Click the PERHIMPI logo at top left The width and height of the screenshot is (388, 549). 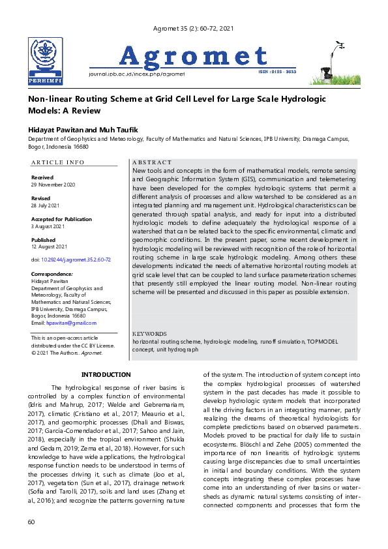tap(45, 61)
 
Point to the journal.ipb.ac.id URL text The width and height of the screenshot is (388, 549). tap(136, 74)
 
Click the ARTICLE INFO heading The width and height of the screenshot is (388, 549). tap(58, 162)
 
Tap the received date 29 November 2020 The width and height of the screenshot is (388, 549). tap(54, 185)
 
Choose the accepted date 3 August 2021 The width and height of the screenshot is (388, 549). tap(48, 226)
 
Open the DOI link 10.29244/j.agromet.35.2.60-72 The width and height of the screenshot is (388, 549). tap(76, 260)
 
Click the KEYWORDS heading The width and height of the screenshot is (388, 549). tap(149, 333)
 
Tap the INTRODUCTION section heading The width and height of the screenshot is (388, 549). tap(106, 374)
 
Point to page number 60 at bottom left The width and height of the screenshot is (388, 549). tap(31, 522)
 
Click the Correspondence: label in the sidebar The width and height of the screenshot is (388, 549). tap(52, 274)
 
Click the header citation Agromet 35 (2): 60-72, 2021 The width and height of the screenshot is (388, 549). tap(192, 29)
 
